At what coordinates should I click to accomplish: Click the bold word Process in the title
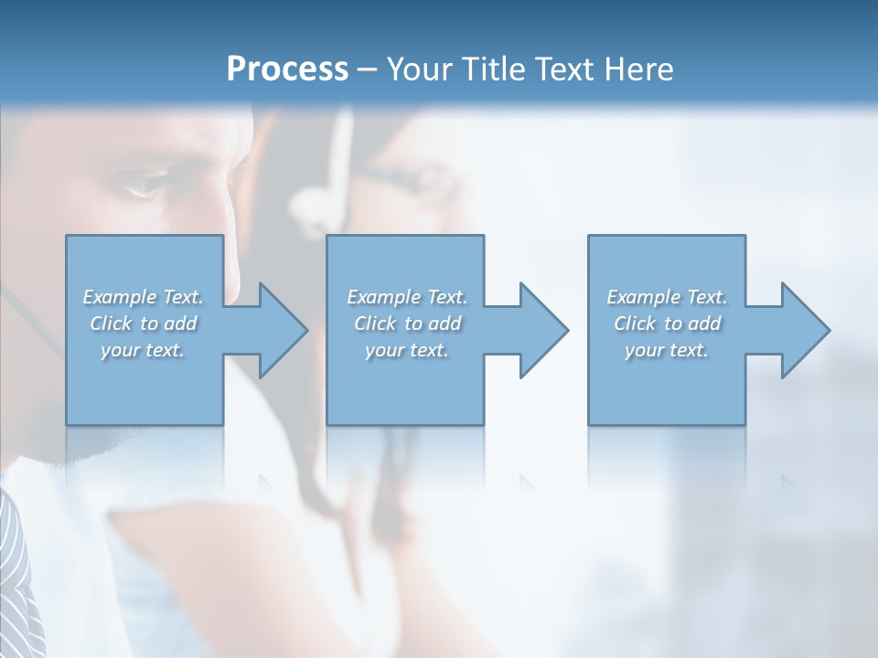(287, 69)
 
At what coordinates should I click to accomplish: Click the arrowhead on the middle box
(542, 330)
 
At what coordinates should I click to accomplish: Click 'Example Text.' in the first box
(144, 297)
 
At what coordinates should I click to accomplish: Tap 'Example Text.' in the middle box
(407, 297)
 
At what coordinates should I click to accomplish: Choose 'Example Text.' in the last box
(667, 297)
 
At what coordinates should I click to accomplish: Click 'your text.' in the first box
(144, 350)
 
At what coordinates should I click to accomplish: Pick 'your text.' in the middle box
(407, 350)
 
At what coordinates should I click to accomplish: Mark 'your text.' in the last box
(667, 350)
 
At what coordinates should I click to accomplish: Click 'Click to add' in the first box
(144, 324)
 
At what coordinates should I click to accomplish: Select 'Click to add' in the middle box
(407, 324)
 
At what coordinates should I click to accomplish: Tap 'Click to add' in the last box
(667, 324)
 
